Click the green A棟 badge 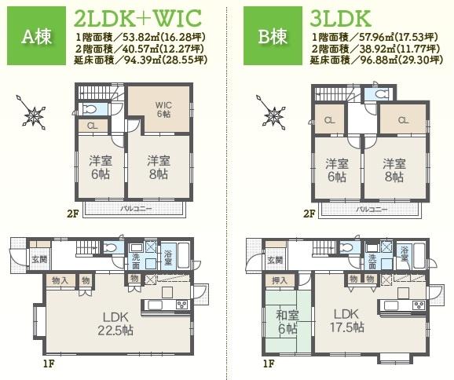(x=35, y=37)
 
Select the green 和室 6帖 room (x=287, y=323)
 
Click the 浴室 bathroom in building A (x=168, y=255)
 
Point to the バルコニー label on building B (x=372, y=210)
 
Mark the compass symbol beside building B (x=273, y=115)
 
